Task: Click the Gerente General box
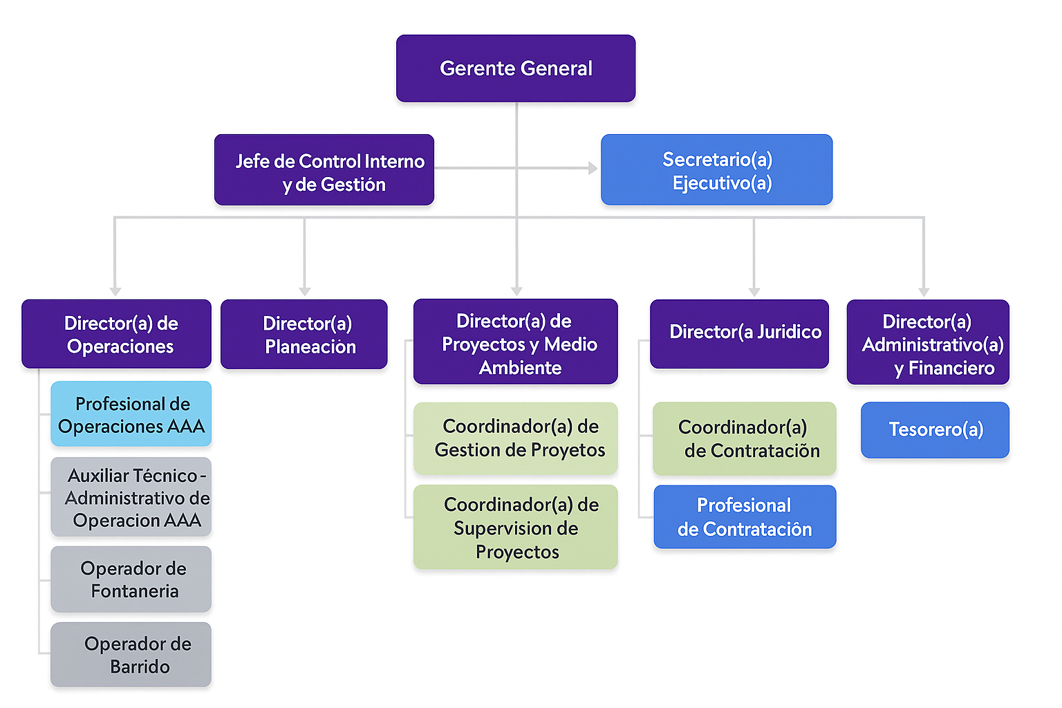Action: (516, 68)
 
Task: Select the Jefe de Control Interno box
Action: (324, 170)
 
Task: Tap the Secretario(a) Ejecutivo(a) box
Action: (716, 170)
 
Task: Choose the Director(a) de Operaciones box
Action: (116, 334)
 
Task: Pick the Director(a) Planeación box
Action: (304, 334)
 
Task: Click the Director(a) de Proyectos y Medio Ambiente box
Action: (516, 342)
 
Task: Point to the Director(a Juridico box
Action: (739, 334)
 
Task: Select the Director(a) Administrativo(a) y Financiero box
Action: (928, 342)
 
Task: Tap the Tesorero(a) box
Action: (935, 430)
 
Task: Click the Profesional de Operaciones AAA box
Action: (131, 414)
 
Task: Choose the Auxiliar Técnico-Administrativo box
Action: (131, 497)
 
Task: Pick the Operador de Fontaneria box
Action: (131, 579)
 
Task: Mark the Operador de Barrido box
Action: (131, 655)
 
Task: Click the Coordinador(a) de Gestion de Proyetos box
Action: (516, 438)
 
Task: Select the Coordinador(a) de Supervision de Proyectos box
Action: (516, 528)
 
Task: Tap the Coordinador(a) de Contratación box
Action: (745, 439)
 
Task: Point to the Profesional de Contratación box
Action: (745, 517)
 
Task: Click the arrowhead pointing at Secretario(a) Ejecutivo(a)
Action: (593, 168)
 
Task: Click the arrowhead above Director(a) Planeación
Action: (305, 292)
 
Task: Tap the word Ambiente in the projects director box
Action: (520, 368)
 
